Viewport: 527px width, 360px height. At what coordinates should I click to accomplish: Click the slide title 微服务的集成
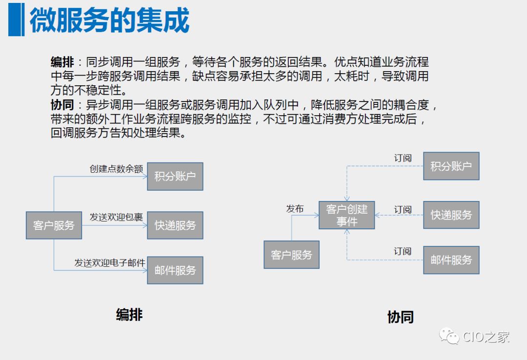tap(109, 20)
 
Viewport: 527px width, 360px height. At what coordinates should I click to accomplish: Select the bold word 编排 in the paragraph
tap(62, 62)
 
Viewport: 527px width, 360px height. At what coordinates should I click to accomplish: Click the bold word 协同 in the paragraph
tap(62, 105)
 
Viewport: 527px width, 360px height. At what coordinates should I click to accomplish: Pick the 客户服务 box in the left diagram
tap(54, 225)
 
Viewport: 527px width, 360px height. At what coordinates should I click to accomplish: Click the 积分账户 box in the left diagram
tap(175, 176)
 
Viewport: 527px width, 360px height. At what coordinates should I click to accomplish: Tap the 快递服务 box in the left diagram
tap(175, 225)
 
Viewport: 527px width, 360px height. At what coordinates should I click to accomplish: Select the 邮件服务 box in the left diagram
tap(175, 270)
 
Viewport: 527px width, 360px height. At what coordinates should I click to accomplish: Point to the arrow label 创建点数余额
tap(116, 169)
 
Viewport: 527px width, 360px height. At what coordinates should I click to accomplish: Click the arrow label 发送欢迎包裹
tap(116, 217)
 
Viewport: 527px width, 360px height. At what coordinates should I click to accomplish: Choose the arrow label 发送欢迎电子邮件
tap(110, 262)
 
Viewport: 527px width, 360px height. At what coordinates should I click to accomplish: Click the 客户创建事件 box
tap(347, 215)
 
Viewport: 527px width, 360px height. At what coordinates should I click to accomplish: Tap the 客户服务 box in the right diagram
tap(291, 255)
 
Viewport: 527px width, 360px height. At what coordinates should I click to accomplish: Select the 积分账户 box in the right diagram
tap(451, 166)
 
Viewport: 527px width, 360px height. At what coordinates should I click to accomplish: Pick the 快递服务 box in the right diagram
tap(451, 215)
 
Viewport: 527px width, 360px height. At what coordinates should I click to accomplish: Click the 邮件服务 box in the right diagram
tap(451, 260)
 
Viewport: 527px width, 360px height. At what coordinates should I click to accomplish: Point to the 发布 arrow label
tap(295, 209)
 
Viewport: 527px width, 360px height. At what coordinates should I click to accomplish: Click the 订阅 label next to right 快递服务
tap(403, 209)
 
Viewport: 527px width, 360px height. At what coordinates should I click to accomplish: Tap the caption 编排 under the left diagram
tap(129, 315)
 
